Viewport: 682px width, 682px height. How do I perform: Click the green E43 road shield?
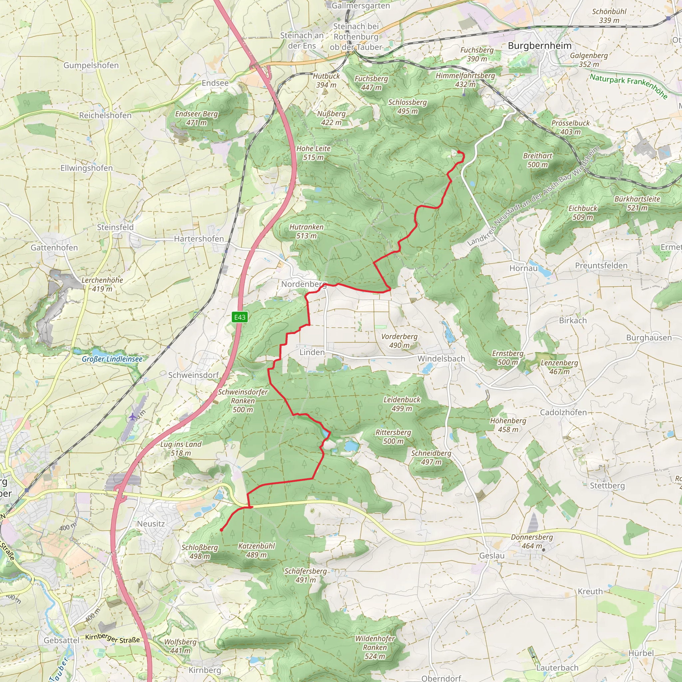pos(240,317)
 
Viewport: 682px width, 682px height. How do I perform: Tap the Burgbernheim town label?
pos(539,46)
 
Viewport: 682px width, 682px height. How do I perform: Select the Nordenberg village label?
pos(304,284)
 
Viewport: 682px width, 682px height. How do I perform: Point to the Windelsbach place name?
pos(441,359)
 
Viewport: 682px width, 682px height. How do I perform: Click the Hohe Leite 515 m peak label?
pos(313,153)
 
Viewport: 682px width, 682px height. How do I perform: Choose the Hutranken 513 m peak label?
pos(306,231)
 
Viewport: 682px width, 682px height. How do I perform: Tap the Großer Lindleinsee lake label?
pos(112,359)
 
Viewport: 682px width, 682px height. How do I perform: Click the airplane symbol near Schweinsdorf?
pos(133,417)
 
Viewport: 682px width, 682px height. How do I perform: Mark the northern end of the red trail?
pos(459,152)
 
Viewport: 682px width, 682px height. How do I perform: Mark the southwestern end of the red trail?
pos(221,530)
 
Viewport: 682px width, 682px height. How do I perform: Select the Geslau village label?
pos(492,556)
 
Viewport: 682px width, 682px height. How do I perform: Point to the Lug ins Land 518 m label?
pos(181,449)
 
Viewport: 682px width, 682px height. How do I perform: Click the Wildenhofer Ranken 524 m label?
pos(375,647)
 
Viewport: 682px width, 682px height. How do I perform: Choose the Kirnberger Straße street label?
pos(113,638)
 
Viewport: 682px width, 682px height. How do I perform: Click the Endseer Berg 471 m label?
pos(196,118)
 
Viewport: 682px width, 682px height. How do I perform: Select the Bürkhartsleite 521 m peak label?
pos(637,203)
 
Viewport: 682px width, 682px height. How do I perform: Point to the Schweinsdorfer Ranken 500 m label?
pos(243,401)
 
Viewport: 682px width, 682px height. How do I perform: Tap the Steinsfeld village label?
pos(115,227)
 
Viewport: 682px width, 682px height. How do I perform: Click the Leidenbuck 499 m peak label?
pos(402,404)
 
